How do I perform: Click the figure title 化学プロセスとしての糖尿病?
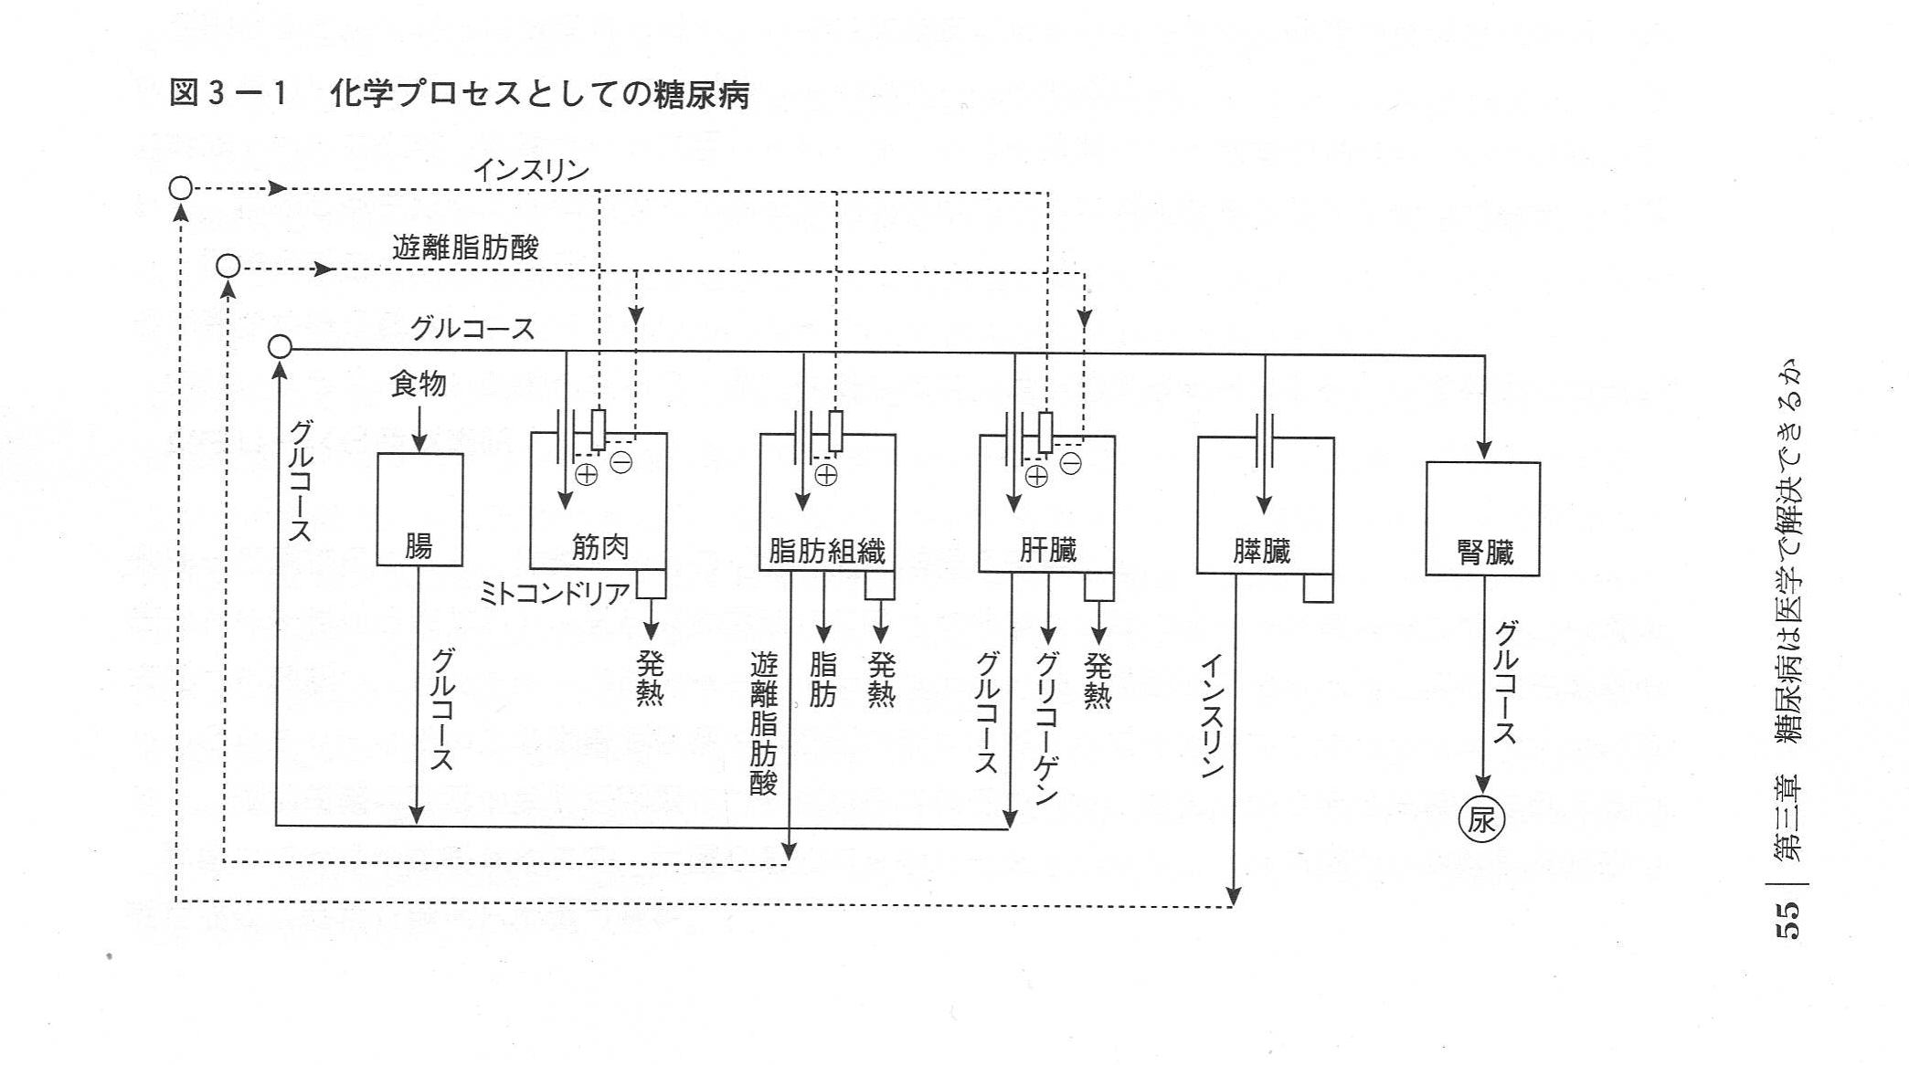tap(539, 94)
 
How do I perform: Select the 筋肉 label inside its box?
tap(599, 546)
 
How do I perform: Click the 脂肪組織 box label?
tap(826, 551)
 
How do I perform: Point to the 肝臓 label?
tap(1047, 550)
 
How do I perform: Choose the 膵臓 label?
tap(1261, 551)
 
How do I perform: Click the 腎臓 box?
tap(1482, 519)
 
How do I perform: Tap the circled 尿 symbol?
tap(1481, 819)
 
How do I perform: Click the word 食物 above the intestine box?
tap(418, 384)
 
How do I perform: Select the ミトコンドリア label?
tap(554, 594)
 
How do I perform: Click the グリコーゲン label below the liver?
tap(1047, 726)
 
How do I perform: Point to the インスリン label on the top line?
tap(531, 170)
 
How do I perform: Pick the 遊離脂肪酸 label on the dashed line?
tap(465, 247)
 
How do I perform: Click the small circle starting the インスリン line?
tap(181, 188)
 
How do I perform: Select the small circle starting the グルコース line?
tap(280, 346)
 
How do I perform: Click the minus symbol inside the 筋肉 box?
tap(620, 463)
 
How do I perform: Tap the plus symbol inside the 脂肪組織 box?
tap(826, 475)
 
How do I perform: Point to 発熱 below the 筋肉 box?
tap(650, 678)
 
